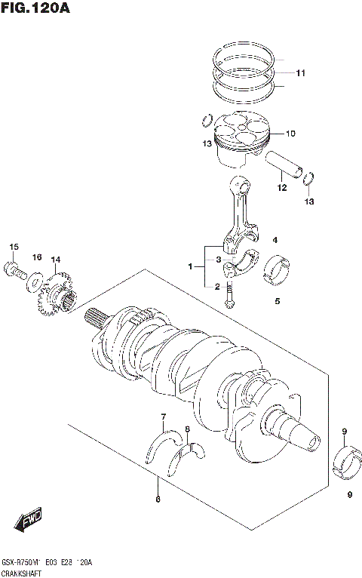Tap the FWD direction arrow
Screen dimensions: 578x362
click(x=28, y=520)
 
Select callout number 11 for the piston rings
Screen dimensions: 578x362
click(x=300, y=73)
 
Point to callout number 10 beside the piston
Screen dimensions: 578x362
click(x=290, y=134)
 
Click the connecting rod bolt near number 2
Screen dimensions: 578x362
click(x=229, y=297)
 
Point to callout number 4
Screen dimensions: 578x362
click(x=276, y=240)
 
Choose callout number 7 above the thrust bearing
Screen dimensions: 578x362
click(x=162, y=417)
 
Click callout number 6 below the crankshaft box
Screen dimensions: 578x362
click(x=157, y=499)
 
